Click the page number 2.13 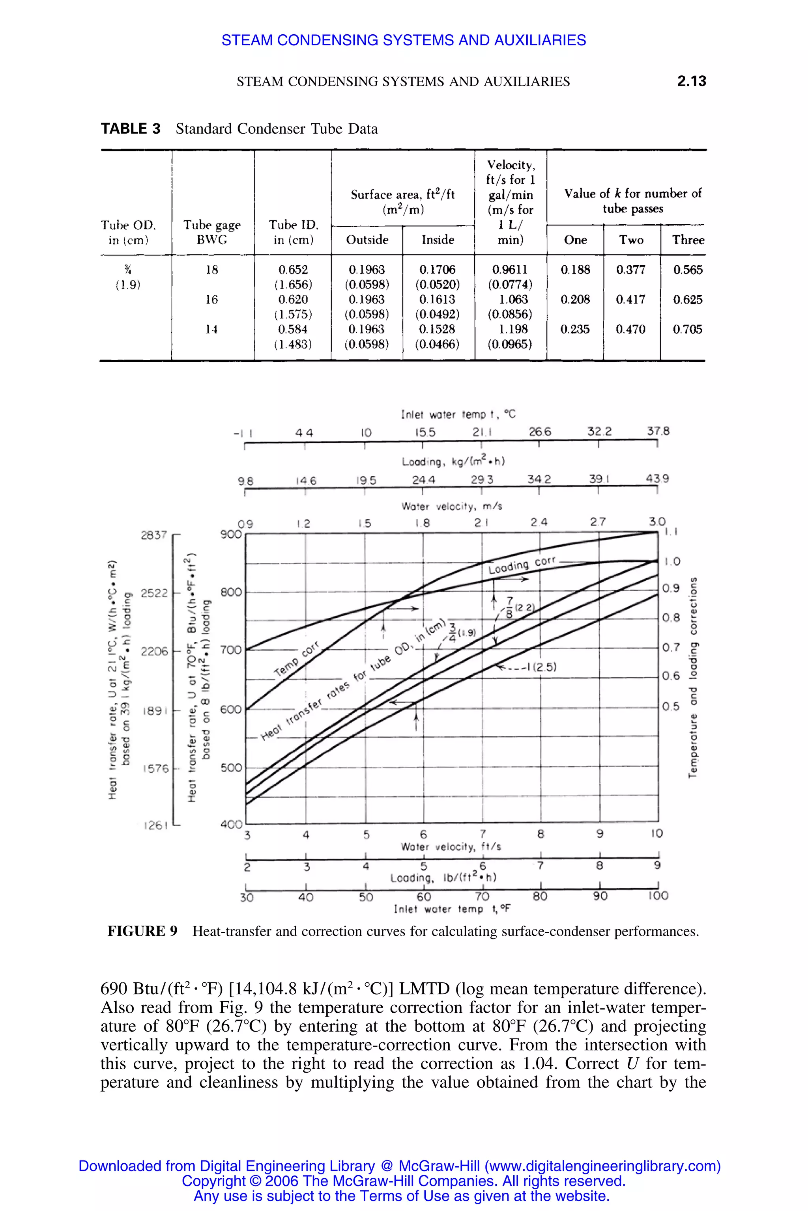tap(691, 81)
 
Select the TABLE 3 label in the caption tap(130, 129)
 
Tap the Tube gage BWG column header tap(212, 232)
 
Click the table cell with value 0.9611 tap(510, 270)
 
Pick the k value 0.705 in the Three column tap(687, 330)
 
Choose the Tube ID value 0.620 tap(293, 300)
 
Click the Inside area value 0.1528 tap(437, 330)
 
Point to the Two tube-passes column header tap(631, 240)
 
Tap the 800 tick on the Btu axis tap(231, 592)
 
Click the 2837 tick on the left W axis tap(154, 535)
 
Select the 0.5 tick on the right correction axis tap(671, 706)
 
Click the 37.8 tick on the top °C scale tap(658, 431)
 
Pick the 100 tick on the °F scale tap(658, 896)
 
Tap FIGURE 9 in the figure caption tap(142, 932)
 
